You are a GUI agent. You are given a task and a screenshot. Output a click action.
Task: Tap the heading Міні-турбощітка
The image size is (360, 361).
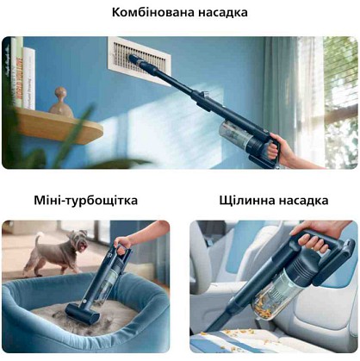pos(85,200)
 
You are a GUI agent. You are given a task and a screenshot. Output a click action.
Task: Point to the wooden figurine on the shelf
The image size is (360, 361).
pos(61,103)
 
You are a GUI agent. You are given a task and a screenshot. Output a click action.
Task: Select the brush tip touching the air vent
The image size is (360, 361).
pos(134,59)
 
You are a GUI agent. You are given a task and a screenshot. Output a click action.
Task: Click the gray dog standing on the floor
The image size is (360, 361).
pos(57,252)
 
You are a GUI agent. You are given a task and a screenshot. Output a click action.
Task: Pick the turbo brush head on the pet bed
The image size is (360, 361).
pos(83,312)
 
